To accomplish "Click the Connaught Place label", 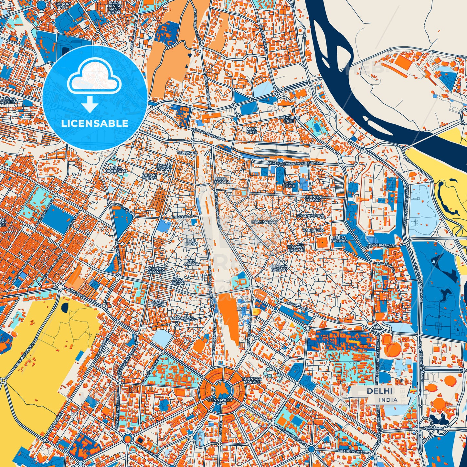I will [x=220, y=402].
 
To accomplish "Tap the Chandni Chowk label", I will [x=313, y=198].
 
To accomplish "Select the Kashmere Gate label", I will [x=289, y=120].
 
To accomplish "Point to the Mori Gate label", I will [x=252, y=130].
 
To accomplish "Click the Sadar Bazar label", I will [x=164, y=167].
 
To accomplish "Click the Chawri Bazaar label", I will [x=296, y=248].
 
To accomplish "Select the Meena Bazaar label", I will [x=339, y=239].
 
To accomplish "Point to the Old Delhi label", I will [x=289, y=184].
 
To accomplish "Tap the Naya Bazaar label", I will [x=221, y=180].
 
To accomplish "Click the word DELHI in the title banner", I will [x=379, y=391].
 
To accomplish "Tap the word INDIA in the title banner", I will [x=388, y=400].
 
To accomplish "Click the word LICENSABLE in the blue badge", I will [x=95, y=123].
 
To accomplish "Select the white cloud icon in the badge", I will [x=94, y=78].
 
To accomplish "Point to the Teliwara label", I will [x=187, y=152].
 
